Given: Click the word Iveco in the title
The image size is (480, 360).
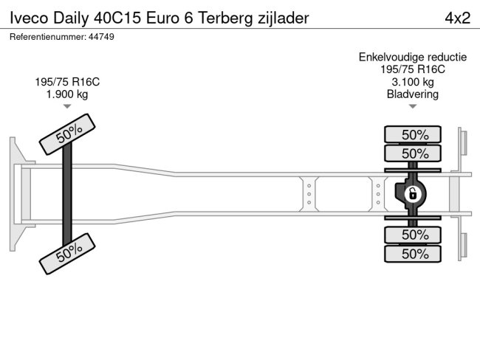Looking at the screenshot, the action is [29, 18].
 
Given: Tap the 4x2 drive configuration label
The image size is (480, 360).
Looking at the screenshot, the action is [458, 18].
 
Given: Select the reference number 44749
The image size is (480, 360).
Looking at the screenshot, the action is [101, 37].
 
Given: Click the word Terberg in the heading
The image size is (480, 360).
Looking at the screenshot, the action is [225, 18].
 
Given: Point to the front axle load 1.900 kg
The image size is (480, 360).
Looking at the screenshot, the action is [67, 94].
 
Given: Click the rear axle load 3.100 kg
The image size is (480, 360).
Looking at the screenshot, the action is [413, 82].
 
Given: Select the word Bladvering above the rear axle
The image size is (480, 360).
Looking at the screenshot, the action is [413, 94].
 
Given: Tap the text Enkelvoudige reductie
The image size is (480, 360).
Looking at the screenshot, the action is [413, 58].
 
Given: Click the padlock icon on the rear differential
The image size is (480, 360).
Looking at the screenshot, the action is [413, 193].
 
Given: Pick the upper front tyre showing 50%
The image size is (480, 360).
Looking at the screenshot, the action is [67, 134].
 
